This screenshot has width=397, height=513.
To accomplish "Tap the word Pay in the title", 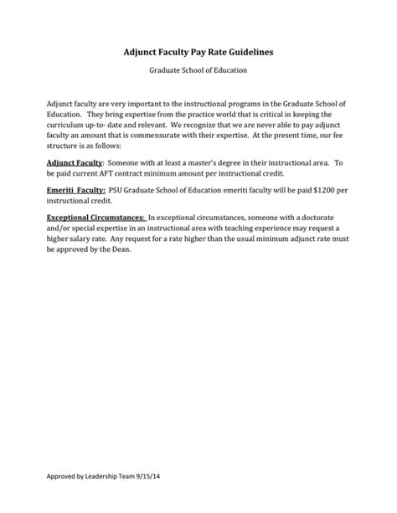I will tap(181, 53).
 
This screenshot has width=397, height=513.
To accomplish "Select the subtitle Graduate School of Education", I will tap(198, 73).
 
